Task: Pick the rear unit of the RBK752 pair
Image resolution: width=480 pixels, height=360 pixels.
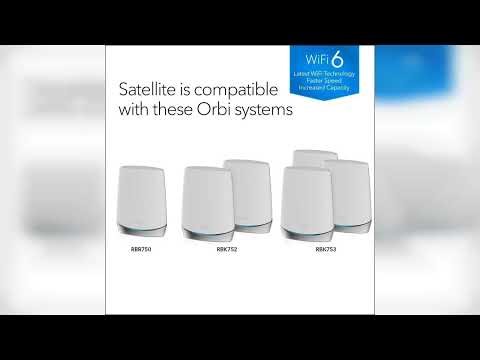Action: [x=246, y=185]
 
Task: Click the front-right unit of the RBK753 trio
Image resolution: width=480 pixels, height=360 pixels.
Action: [x=347, y=190]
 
